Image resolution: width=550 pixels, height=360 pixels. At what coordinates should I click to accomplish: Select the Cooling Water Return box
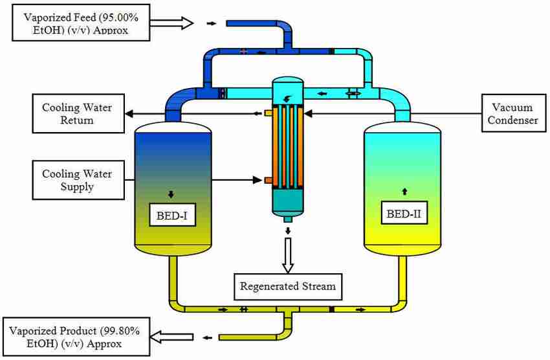click(77, 113)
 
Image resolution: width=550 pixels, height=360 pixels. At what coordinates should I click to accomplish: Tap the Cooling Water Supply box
click(77, 181)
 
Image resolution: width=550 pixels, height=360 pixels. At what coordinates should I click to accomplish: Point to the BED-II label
click(404, 213)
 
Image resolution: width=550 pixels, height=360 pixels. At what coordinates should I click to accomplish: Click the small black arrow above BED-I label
click(171, 193)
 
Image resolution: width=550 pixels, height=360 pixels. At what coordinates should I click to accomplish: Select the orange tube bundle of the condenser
click(287, 146)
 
